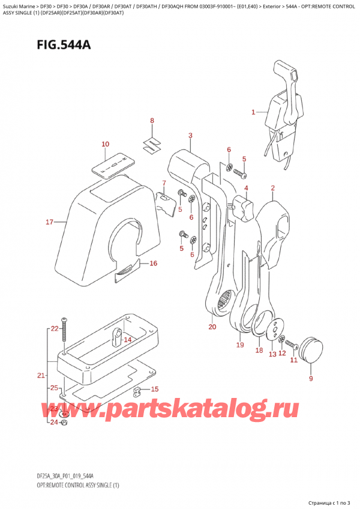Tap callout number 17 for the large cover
pos(50,223)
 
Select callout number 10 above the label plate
pos(106,144)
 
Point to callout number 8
pos(152,121)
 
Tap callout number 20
pos(212,327)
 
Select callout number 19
pos(239,345)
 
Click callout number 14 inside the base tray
pos(127,340)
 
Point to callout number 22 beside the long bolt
pos(54,328)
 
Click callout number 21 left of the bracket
pos(41,376)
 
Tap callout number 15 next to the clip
pos(154,389)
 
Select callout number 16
pos(153,264)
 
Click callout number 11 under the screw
pos(294,360)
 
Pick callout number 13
pos(272,354)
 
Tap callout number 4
pos(246,188)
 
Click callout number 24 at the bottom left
pos(54,422)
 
